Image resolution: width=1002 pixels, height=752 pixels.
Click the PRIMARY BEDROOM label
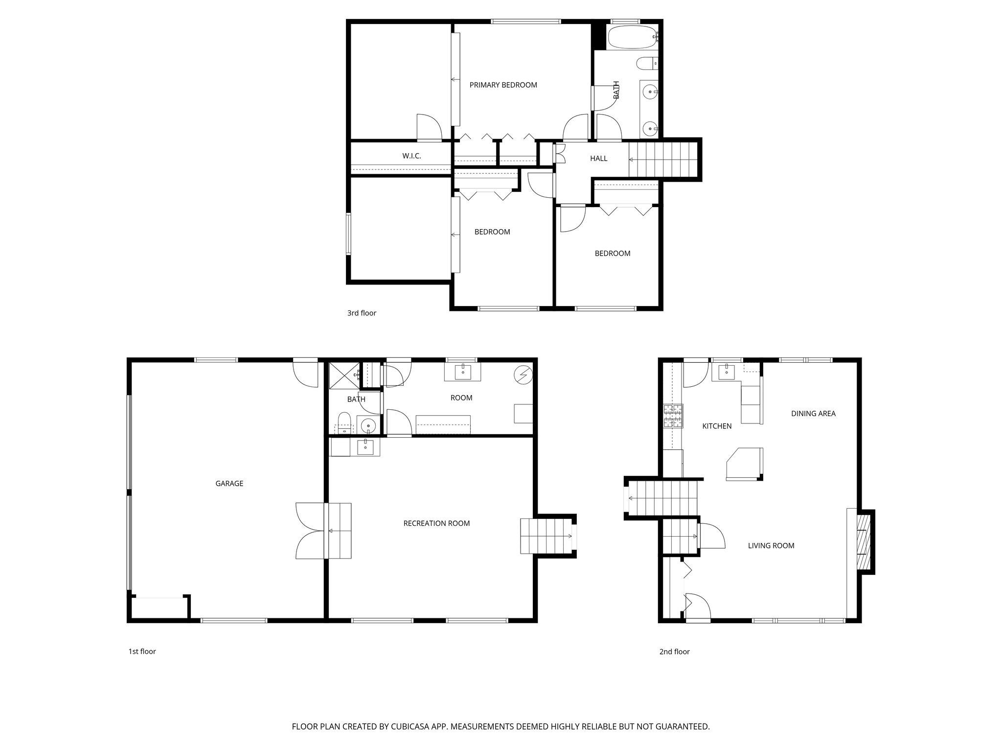coord(503,85)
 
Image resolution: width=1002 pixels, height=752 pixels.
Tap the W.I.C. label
coord(411,156)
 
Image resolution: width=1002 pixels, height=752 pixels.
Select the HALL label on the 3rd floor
coord(598,159)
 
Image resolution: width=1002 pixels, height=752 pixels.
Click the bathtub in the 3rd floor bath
coord(632,37)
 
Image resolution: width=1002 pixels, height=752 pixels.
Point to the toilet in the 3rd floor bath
coord(646,64)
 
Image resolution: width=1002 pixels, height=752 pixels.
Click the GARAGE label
coord(229,484)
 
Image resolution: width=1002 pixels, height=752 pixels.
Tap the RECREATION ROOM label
coord(436,523)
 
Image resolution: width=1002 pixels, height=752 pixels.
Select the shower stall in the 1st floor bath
coord(343,375)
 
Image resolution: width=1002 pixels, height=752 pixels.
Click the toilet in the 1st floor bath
coord(344,423)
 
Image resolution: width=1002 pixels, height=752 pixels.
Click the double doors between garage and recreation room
coord(310,531)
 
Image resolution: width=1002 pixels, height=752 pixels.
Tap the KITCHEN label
coord(717,426)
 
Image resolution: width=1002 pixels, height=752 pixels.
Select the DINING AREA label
coord(813,414)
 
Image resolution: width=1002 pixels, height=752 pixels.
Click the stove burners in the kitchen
coord(673,416)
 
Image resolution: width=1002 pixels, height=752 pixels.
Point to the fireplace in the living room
coord(865,541)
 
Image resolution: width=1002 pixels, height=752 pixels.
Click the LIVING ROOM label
coord(771,546)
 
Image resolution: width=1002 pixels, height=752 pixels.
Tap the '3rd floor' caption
coord(362,313)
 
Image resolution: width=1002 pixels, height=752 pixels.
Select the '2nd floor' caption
coord(674,652)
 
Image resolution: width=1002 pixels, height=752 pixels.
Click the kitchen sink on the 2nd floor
coord(726,372)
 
